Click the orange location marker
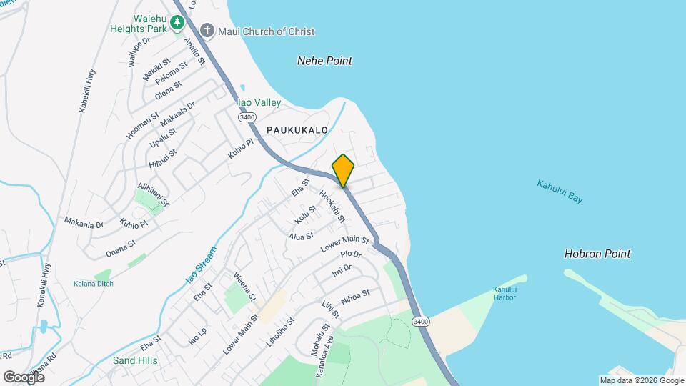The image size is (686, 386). [x=343, y=170]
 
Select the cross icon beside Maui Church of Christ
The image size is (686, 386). [x=207, y=31]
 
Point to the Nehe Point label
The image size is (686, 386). [x=324, y=61]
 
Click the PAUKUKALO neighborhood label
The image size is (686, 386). [x=297, y=130]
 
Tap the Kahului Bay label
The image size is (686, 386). [x=560, y=192]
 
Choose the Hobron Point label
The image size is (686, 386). [x=597, y=254]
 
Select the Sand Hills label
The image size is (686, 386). [x=135, y=360]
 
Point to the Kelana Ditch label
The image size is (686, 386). [x=93, y=284]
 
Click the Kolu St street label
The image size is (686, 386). [x=305, y=213]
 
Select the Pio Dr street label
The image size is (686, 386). [x=351, y=254]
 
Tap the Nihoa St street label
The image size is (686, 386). [x=355, y=297]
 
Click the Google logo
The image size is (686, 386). [x=24, y=377]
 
